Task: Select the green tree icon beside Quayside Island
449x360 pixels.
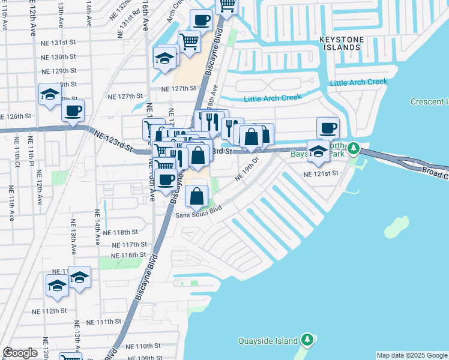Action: pyautogui.click(x=307, y=340)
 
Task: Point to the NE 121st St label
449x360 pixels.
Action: pyautogui.click(x=321, y=173)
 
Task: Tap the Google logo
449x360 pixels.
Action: pyautogui.click(x=20, y=353)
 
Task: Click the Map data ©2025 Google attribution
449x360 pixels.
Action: pyautogui.click(x=412, y=355)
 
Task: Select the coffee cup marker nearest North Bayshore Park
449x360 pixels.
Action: pyautogui.click(x=328, y=128)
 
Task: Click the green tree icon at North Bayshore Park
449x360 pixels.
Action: pyautogui.click(x=354, y=147)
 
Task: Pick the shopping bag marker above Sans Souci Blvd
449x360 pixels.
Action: pyautogui.click(x=196, y=196)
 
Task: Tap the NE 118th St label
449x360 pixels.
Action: pyautogui.click(x=120, y=232)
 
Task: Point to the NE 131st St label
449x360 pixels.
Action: pyautogui.click(x=58, y=43)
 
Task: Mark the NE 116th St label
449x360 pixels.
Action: pyautogui.click(x=128, y=255)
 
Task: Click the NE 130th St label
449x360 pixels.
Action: pyautogui.click(x=58, y=57)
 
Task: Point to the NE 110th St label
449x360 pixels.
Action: pyautogui.click(x=143, y=346)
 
